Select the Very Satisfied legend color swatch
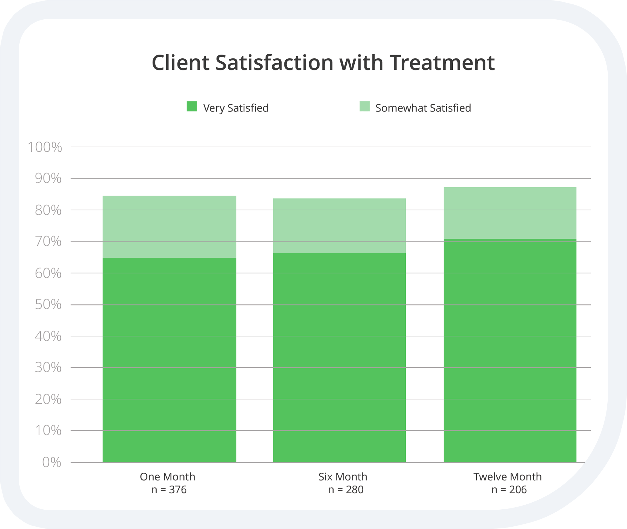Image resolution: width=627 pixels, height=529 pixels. [192, 107]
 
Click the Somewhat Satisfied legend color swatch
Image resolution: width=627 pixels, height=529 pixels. [364, 107]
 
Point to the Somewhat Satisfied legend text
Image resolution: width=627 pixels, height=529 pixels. [423, 108]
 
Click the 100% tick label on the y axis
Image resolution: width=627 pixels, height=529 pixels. [45, 147]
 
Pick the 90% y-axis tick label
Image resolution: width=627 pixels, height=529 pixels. [48, 179]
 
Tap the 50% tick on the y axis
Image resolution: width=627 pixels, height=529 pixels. [48, 305]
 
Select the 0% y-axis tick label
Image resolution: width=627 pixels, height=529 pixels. [52, 462]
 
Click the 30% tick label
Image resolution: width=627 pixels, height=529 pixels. [48, 368]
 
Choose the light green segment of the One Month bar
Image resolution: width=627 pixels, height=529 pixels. [169, 227]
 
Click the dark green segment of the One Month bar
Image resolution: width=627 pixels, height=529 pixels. [169, 360]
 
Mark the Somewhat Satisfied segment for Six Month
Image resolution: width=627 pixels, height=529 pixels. [339, 226]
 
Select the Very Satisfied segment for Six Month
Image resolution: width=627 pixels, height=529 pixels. [339, 357]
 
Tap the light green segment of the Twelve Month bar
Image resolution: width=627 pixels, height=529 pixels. [510, 213]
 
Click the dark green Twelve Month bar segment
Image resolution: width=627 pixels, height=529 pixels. [510, 351]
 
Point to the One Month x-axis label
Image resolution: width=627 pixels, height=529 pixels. [167, 477]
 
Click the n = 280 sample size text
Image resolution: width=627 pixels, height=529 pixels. [345, 490]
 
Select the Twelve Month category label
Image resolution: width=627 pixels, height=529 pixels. [507, 477]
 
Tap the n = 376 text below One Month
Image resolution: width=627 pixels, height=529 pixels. [169, 490]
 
